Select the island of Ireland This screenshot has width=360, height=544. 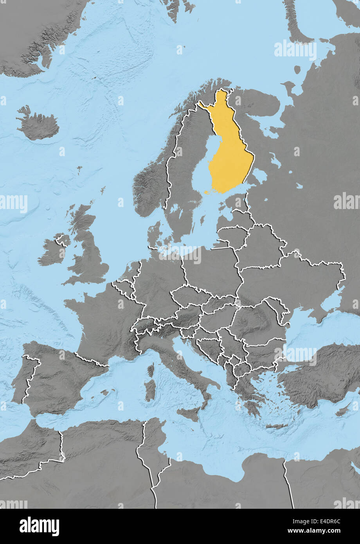[x=53, y=252]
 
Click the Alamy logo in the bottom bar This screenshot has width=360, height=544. [x=39, y=526]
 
